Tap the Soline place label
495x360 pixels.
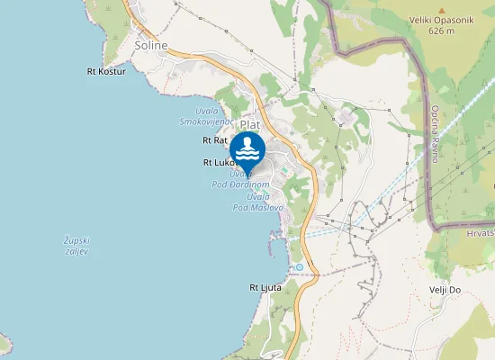tap(150, 44)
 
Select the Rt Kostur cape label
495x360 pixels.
tap(106, 70)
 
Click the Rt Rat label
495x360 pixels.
tap(214, 140)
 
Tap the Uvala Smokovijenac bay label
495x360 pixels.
tap(207, 115)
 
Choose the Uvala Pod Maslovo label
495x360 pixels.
tap(258, 201)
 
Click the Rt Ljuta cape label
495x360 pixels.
tap(265, 287)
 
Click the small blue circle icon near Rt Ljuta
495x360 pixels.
tap(299, 267)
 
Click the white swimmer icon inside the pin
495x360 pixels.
tap(247, 148)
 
